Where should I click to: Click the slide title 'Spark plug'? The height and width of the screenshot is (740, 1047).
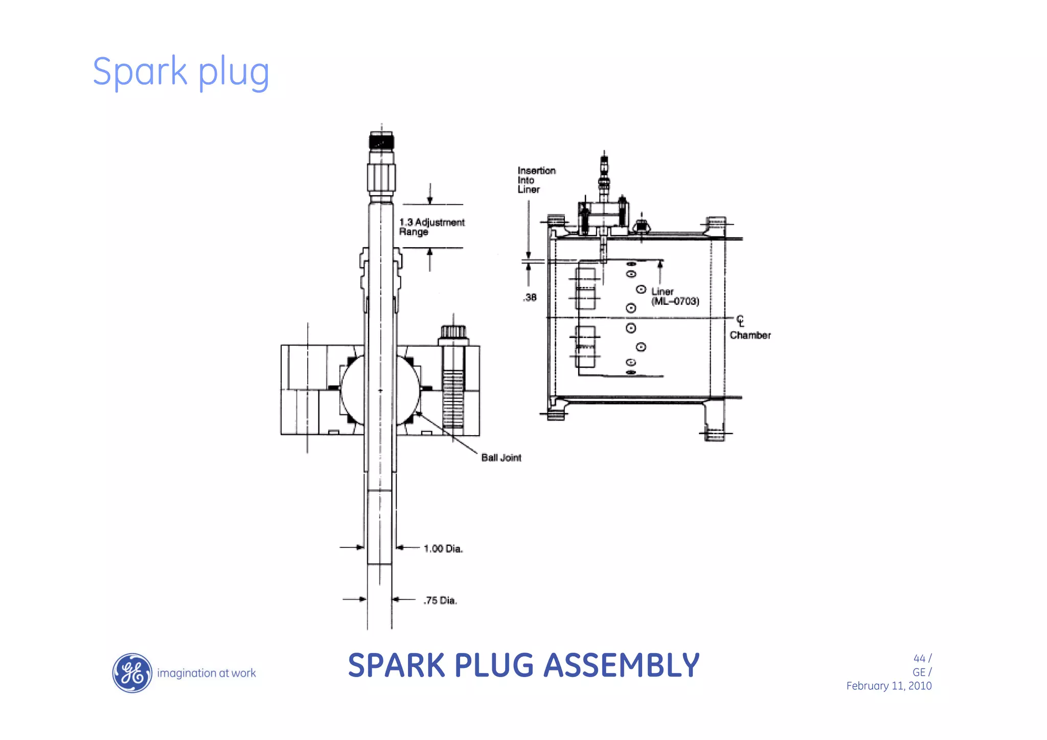[180, 71]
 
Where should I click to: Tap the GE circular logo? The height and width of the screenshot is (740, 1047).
[132, 673]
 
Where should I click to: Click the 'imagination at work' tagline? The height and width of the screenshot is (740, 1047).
[206, 673]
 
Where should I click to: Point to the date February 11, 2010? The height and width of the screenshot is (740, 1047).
[889, 686]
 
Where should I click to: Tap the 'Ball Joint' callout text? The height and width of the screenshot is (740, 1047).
[501, 458]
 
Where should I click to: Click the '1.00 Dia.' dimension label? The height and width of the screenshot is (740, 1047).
[443, 548]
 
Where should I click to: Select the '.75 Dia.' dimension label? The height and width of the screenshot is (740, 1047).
[440, 601]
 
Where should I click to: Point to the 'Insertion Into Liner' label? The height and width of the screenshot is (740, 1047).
[535, 180]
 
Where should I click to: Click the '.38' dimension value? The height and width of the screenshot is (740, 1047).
[530, 297]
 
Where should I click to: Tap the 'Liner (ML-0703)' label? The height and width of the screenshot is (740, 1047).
[674, 296]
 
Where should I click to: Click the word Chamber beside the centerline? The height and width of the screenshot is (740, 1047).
[750, 336]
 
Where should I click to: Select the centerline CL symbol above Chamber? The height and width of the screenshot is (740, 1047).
[740, 321]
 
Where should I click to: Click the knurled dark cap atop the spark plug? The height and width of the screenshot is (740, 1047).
[381, 140]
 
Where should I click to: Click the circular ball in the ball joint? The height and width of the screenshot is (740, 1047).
[380, 390]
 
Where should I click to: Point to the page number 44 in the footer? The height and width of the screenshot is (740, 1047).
[919, 658]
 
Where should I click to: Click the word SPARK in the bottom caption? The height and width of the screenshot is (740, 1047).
[396, 665]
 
